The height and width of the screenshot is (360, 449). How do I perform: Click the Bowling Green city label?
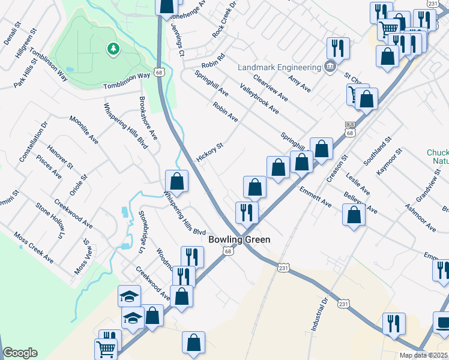tap(239, 239)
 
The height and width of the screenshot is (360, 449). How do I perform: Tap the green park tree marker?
tap(112, 49)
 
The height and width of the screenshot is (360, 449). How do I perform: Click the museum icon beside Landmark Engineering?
tap(329, 67)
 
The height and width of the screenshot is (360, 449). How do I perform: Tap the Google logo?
tap(19, 353)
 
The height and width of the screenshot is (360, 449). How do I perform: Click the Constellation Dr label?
tap(34, 142)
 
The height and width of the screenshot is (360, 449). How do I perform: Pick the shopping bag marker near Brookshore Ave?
tap(177, 182)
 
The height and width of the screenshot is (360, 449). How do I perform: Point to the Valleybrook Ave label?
tap(259, 99)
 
